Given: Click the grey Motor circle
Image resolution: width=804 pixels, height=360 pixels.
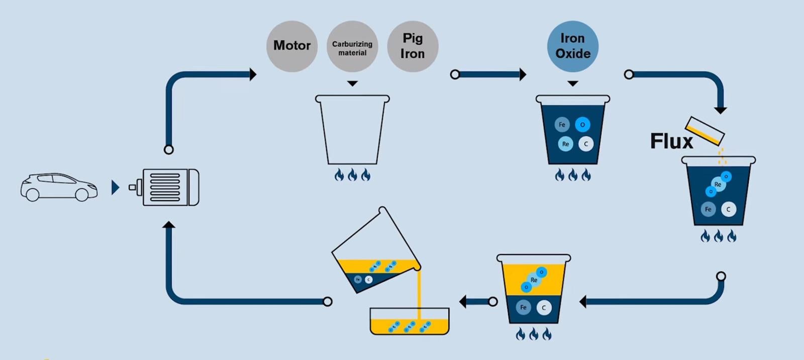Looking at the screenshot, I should point(292,46).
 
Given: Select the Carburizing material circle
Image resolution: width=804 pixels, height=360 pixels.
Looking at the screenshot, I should point(352,46).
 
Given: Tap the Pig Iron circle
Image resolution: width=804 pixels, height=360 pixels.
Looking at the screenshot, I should point(413,46).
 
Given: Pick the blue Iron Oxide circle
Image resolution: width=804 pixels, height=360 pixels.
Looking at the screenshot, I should point(573,46).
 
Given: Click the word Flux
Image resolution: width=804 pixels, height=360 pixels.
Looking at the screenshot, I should point(671,141).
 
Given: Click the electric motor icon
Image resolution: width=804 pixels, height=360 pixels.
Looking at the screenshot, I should point(166,187).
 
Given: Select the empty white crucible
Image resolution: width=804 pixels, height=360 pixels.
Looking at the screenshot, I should point(352,130).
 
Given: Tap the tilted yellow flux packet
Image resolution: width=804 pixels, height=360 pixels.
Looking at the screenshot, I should point(705,131).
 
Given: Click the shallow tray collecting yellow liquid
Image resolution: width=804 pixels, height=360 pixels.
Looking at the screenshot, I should point(410,322).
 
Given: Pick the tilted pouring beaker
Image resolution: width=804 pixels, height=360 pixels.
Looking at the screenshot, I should point(376,251).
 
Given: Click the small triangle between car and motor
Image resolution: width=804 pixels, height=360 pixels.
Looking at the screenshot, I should point(115,188).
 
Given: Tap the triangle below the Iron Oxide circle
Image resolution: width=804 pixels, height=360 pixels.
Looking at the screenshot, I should point(573,83).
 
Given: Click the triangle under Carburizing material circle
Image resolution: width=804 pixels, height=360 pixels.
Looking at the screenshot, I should point(352,83).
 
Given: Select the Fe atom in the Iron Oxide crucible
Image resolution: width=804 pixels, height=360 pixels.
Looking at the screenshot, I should point(562,125).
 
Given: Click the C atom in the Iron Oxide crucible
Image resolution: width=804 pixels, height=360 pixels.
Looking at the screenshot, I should point(586,144).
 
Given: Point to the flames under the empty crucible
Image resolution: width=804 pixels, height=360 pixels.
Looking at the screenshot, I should point(352,174).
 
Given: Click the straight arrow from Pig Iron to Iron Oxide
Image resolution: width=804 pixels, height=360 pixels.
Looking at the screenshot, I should point(490,74).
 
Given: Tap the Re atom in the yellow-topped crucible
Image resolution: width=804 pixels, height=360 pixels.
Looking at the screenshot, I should point(534,280).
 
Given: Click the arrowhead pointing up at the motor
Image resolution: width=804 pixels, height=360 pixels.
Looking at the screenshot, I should point(169,225).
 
